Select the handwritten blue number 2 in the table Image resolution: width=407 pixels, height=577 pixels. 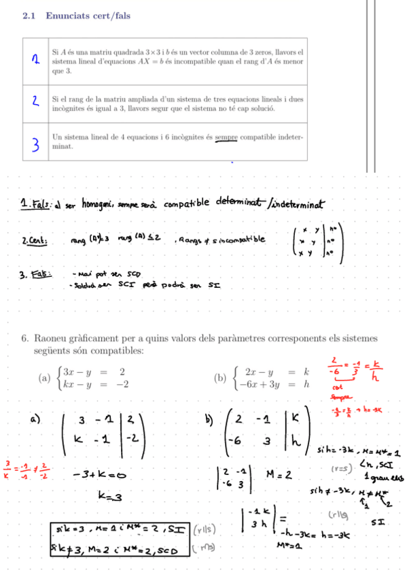(x=33, y=102)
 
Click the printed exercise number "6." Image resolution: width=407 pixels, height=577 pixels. (x=24, y=339)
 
